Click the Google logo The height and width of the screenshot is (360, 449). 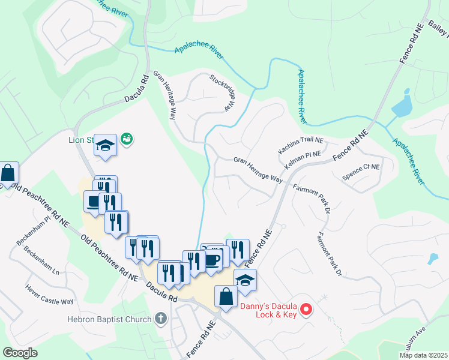coord(20,352)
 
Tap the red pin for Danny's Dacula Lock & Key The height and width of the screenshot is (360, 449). coord(306,310)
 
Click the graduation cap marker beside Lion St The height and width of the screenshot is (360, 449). coord(106,146)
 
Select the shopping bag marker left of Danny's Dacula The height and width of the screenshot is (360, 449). coord(226,297)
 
